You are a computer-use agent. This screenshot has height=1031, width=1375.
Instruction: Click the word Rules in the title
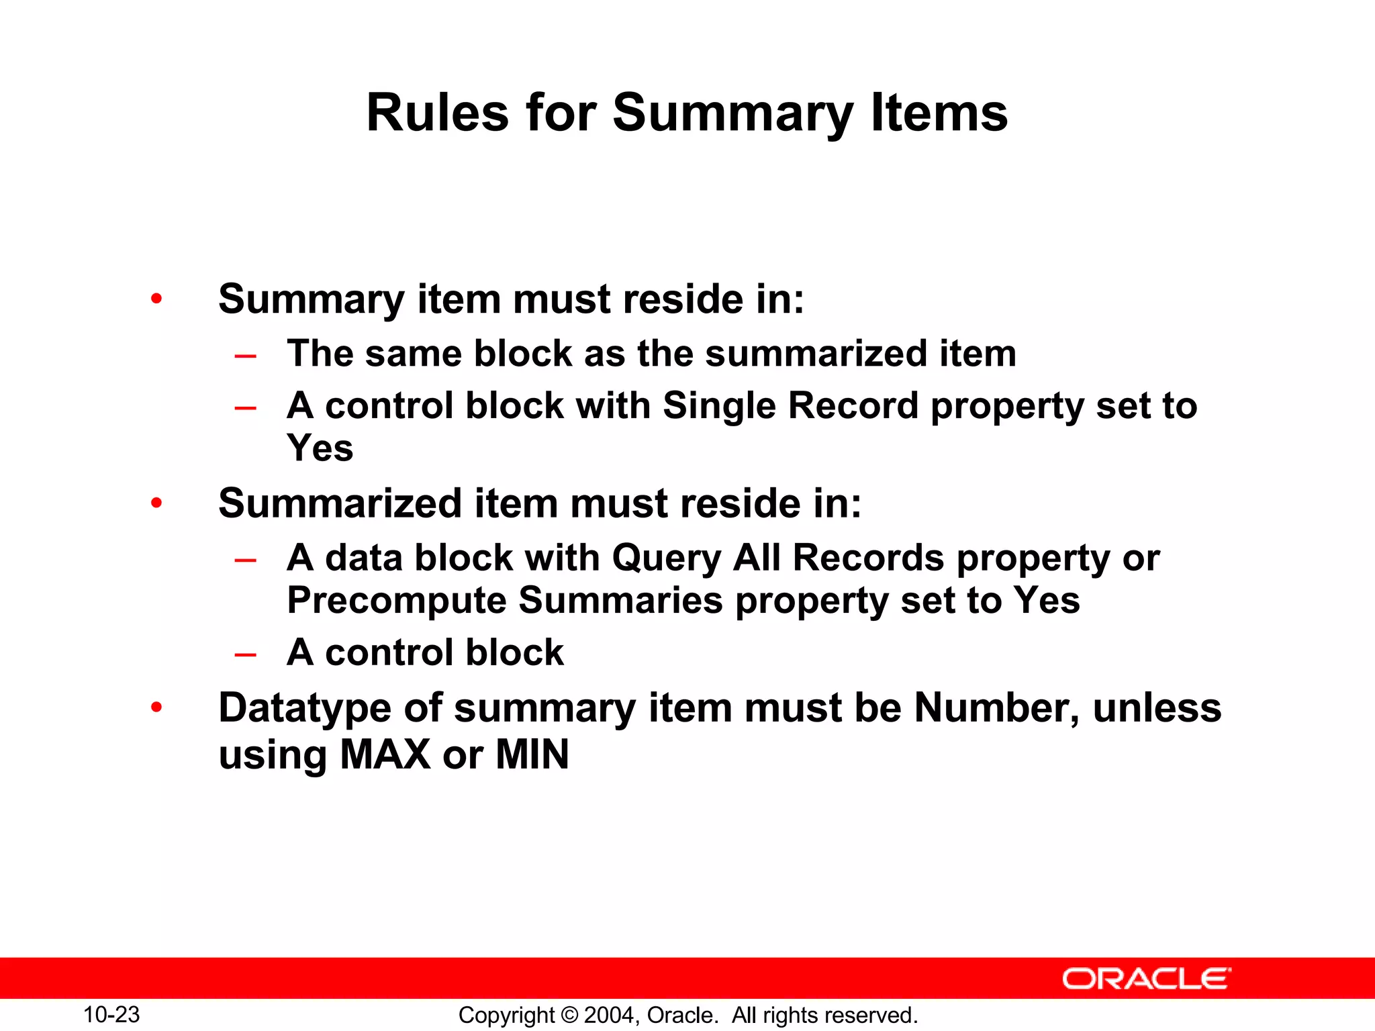437,113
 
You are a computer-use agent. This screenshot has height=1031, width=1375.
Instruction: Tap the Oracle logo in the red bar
1146,979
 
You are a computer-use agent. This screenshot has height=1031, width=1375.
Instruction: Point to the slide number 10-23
111,1014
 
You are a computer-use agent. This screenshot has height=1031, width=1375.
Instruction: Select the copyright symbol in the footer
569,1015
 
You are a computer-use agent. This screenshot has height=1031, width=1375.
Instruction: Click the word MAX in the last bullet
385,754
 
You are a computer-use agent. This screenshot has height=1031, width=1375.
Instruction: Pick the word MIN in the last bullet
532,754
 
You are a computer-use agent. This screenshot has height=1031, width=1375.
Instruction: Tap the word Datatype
304,709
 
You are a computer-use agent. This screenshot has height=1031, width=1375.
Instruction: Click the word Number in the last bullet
996,707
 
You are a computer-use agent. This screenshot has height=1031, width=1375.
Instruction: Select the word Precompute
396,601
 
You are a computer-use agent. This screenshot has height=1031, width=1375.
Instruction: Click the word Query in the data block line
666,559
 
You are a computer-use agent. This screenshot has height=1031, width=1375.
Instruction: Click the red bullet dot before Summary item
156,299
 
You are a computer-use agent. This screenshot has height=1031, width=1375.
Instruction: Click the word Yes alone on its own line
320,448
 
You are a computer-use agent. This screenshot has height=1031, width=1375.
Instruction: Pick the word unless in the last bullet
1157,707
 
